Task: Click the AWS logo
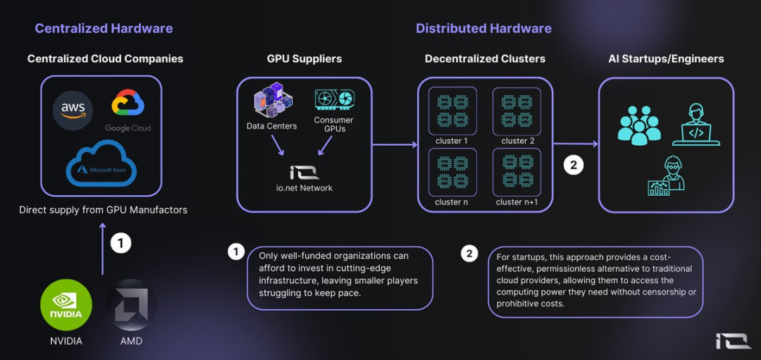coord(73,109)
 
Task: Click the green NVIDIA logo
coord(66,305)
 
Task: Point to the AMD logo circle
coord(131,305)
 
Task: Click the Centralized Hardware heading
coord(104,29)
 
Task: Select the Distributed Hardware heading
coord(483,29)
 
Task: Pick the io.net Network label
coord(304,188)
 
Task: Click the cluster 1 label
coord(452,141)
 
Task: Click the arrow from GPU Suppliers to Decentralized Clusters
coord(395,145)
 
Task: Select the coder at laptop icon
coord(695,125)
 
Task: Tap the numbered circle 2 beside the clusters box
coord(573,166)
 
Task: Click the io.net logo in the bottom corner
coord(732,341)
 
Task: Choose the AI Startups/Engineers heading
coord(666,59)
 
